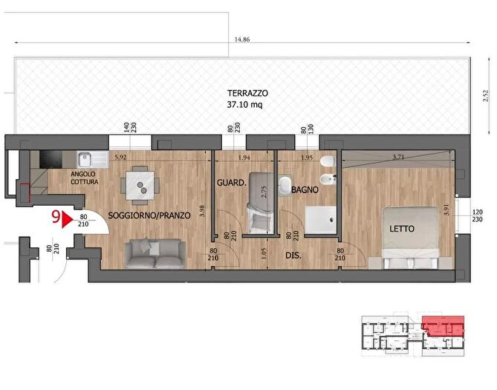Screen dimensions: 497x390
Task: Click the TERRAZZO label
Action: (247, 93)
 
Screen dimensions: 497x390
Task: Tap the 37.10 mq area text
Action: (244, 105)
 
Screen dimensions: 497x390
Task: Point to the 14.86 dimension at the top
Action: (242, 39)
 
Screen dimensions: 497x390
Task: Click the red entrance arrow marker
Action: (67, 220)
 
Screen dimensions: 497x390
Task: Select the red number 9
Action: (56, 218)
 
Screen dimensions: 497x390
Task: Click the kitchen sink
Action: (93, 160)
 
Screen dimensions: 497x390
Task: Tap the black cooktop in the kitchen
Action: (51, 159)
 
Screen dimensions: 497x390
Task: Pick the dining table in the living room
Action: (140, 186)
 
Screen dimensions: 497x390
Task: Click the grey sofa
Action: (155, 253)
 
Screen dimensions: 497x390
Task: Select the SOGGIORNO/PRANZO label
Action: (149, 215)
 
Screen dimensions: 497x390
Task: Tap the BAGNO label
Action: (305, 190)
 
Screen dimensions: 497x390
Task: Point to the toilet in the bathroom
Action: (328, 161)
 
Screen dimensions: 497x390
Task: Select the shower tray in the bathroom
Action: (320, 220)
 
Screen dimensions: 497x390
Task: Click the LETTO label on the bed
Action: (402, 229)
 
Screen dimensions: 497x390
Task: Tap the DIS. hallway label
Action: (293, 256)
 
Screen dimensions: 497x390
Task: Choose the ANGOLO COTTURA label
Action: (84, 178)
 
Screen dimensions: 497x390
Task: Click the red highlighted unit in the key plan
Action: (443, 325)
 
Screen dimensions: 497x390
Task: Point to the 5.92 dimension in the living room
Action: (120, 157)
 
